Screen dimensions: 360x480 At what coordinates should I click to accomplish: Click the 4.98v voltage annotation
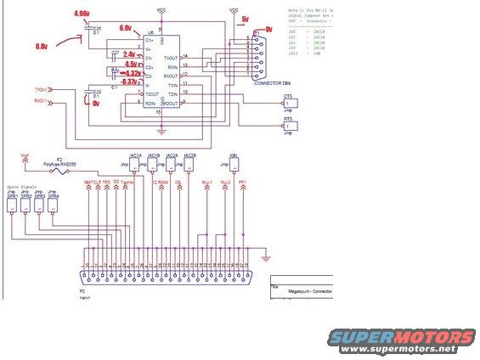(82, 14)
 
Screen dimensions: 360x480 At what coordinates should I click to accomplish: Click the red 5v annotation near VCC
(246, 18)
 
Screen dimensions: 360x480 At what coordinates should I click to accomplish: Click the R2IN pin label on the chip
(150, 103)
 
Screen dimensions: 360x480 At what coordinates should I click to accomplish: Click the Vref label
(24, 155)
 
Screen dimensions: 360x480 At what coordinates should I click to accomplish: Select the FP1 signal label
(243, 182)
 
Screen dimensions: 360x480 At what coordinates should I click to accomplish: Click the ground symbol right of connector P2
(265, 257)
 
